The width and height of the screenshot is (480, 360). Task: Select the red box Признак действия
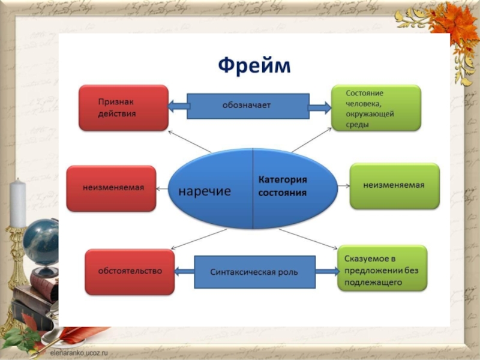click(124, 108)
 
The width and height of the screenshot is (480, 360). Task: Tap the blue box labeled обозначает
click(247, 106)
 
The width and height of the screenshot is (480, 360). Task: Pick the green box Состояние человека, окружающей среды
click(376, 108)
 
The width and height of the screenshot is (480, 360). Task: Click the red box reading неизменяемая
click(112, 188)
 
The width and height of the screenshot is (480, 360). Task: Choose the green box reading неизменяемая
click(394, 186)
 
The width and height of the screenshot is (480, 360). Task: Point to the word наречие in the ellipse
click(205, 190)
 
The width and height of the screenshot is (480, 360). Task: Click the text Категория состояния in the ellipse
click(283, 187)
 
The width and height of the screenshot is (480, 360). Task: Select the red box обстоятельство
click(130, 271)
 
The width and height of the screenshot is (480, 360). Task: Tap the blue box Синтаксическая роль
click(254, 272)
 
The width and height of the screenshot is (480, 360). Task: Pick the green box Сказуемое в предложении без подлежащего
click(382, 268)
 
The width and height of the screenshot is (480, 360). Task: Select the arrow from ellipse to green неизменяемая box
click(343, 186)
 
